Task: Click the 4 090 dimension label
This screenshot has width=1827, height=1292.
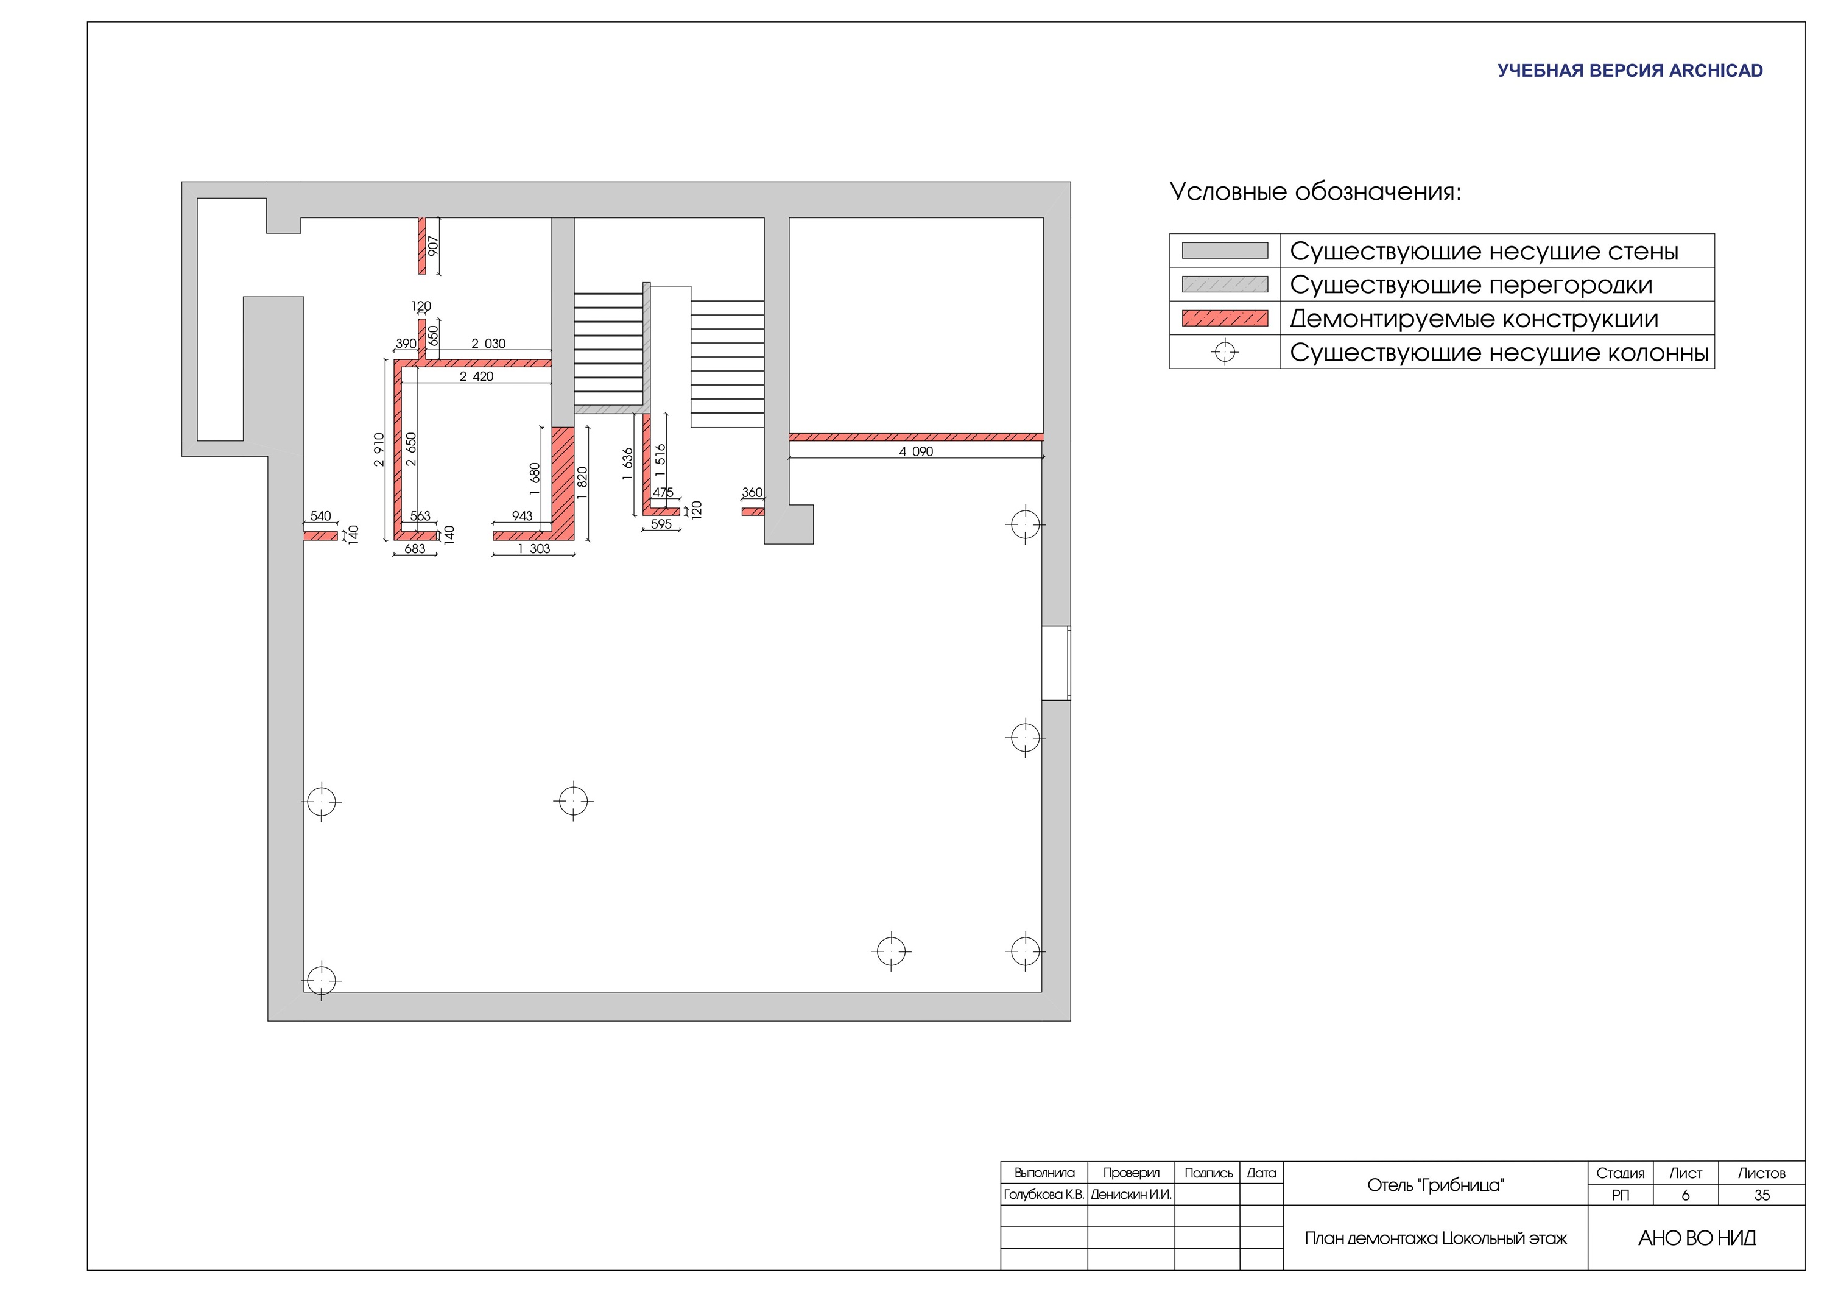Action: pos(916,451)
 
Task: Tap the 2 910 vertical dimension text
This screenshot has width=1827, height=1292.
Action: pos(379,450)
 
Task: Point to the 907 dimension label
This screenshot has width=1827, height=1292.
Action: pos(433,246)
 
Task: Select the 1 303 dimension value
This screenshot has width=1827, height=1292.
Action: pos(533,548)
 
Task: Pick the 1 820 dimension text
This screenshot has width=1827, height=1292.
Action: pos(582,483)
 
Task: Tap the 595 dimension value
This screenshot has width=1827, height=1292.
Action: pos(661,524)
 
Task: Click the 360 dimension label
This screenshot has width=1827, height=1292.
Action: pos(752,493)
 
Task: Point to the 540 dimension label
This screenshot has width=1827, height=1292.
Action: pos(321,516)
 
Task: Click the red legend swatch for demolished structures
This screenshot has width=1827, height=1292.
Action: pos(1225,319)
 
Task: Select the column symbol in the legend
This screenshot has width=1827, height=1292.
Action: pos(1225,352)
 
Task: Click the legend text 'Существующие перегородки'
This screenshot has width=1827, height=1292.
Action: pos(1471,285)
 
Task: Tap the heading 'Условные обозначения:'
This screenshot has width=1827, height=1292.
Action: pos(1315,192)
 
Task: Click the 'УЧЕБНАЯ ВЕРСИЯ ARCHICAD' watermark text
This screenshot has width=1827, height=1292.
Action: pos(1630,71)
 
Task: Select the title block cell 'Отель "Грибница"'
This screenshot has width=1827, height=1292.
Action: pos(1435,1185)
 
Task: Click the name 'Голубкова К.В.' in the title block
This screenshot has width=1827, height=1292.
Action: pos(1044,1195)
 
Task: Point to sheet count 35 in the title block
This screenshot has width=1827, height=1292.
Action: pos(1762,1196)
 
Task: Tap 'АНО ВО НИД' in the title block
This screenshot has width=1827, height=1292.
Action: pos(1697,1238)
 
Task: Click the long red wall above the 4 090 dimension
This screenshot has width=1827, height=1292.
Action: pos(916,437)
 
